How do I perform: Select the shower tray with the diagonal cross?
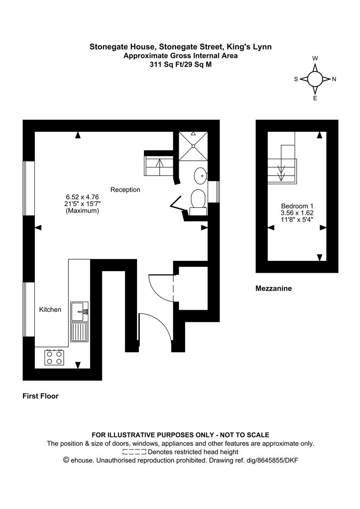tap(193, 146)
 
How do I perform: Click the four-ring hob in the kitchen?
tap(54, 357)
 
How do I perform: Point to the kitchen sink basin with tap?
tap(79, 311)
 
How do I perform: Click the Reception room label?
tap(125, 190)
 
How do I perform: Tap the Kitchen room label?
tap(50, 310)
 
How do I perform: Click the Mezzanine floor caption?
tap(273, 288)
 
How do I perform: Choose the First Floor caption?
tap(40, 396)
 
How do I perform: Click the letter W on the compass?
tap(315, 59)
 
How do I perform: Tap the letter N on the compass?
tap(334, 79)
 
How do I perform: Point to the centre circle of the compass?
tap(315, 79)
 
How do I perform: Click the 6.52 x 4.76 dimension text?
tap(82, 197)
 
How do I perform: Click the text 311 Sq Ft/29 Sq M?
tap(180, 65)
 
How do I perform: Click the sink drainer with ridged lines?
tap(79, 332)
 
